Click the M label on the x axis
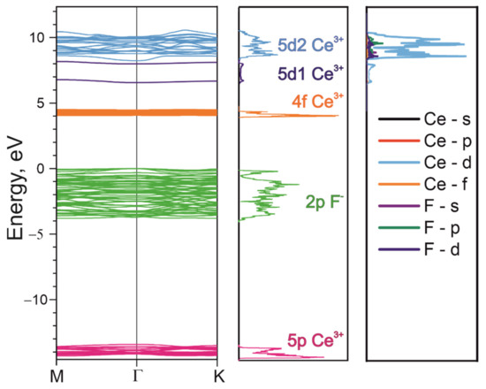coord(58,376)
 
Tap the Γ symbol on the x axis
coord(137,376)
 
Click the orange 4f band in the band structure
coord(137,112)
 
